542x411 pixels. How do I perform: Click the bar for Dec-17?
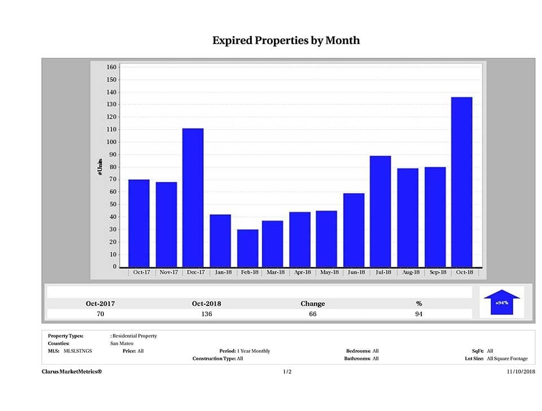click(193, 198)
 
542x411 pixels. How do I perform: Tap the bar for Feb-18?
click(247, 248)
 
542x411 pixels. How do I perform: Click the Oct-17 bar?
click(139, 223)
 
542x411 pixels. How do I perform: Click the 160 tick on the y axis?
click(111, 67)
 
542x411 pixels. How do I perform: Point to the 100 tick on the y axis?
click(111, 142)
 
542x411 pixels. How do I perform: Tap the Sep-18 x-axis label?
click(435, 272)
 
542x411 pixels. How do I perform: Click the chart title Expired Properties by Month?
click(286, 41)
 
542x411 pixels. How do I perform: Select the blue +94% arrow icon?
click(501, 302)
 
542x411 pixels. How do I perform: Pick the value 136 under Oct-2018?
click(206, 314)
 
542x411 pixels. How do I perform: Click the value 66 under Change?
click(312, 314)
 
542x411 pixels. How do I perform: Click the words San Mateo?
click(122, 343)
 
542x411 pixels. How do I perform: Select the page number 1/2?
click(287, 371)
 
